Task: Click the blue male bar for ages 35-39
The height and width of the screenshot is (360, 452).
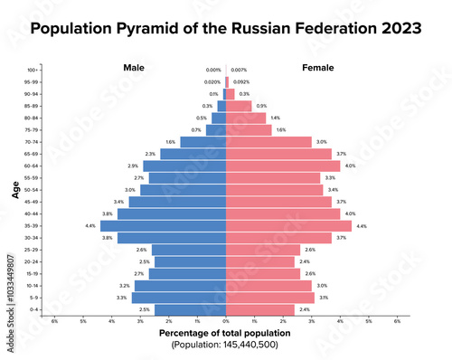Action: pyautogui.click(x=163, y=225)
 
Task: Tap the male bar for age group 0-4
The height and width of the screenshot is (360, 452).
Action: pyautogui.click(x=190, y=309)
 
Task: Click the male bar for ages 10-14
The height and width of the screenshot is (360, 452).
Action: pyautogui.click(x=181, y=285)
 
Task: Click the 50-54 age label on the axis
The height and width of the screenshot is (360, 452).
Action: pyautogui.click(x=32, y=190)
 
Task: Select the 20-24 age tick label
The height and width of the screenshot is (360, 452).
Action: pyautogui.click(x=32, y=261)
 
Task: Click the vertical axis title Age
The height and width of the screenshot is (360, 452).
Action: pyautogui.click(x=15, y=191)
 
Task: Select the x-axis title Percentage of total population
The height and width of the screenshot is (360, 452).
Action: pyautogui.click(x=225, y=333)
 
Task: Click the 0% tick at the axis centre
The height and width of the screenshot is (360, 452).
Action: pyautogui.click(x=225, y=321)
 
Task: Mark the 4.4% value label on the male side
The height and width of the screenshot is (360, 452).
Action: pyautogui.click(x=90, y=225)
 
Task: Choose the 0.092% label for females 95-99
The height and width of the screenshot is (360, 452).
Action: pyautogui.click(x=241, y=82)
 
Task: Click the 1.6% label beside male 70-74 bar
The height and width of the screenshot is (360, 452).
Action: pyautogui.click(x=171, y=142)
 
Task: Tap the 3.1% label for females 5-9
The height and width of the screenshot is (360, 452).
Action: pyautogui.click(x=324, y=297)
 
